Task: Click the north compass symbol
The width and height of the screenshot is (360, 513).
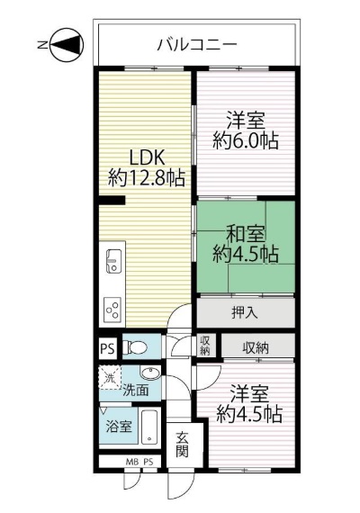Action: click(x=67, y=45)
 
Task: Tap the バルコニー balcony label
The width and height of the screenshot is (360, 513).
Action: click(x=197, y=44)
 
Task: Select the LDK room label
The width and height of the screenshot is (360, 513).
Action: click(x=147, y=158)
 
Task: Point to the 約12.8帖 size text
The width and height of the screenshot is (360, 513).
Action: click(x=147, y=178)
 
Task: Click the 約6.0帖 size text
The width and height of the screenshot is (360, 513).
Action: click(x=246, y=141)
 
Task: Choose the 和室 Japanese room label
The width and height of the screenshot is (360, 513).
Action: click(x=246, y=234)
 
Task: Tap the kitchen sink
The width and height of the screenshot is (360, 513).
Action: click(x=113, y=261)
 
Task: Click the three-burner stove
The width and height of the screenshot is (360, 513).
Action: click(x=112, y=309)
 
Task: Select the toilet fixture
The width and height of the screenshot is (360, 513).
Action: click(x=135, y=347)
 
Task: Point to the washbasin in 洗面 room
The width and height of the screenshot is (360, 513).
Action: click(x=150, y=373)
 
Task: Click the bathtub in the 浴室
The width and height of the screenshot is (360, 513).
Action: click(x=149, y=427)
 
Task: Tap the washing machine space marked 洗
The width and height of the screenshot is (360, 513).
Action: click(x=110, y=378)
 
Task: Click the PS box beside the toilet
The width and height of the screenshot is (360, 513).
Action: click(x=108, y=348)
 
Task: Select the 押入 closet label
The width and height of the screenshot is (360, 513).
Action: click(x=245, y=313)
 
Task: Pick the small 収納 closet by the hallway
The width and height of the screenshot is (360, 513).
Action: click(x=205, y=346)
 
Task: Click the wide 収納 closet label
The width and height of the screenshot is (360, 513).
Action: click(x=256, y=347)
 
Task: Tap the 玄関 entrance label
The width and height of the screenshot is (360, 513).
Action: click(x=182, y=445)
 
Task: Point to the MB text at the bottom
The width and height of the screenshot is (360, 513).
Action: click(x=131, y=463)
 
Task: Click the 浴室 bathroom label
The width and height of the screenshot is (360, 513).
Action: click(x=119, y=426)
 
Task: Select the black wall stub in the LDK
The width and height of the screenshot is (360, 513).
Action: click(x=112, y=200)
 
